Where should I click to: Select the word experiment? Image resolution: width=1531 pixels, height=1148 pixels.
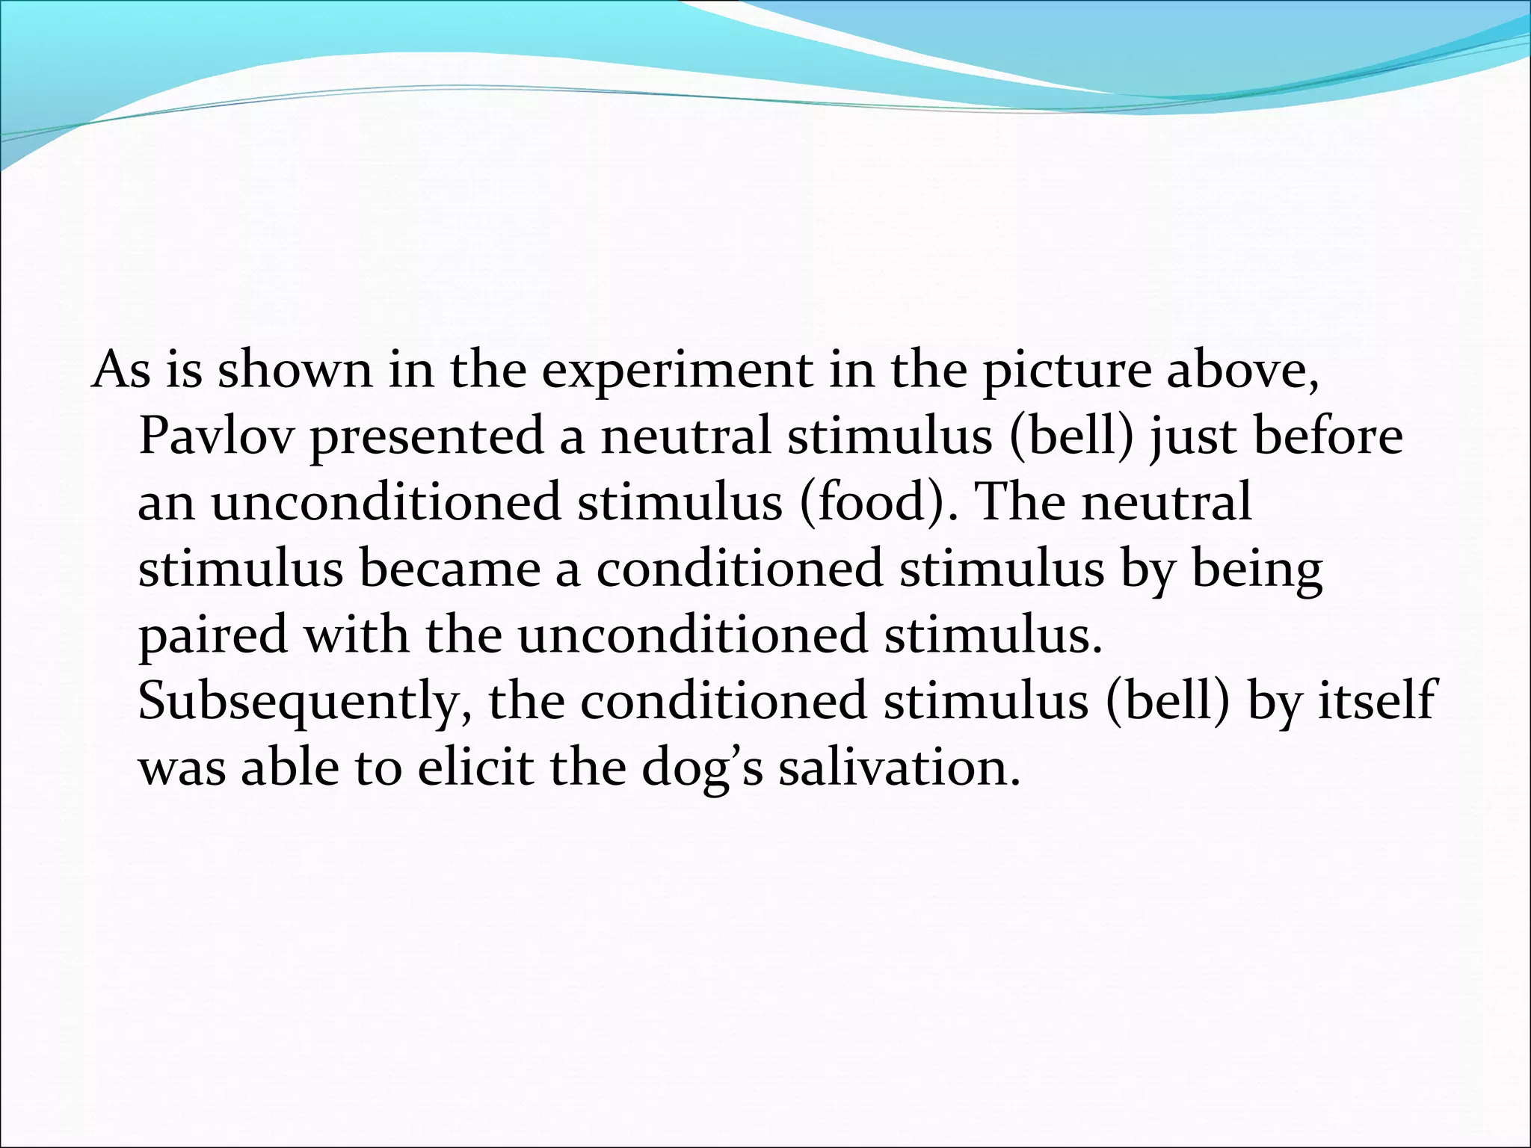pyautogui.click(x=677, y=370)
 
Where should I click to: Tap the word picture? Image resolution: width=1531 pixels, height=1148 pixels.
pyautogui.click(x=1067, y=370)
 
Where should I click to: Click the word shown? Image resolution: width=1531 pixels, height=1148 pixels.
pyautogui.click(x=295, y=370)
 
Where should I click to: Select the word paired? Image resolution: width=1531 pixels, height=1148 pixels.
pyautogui.click(x=213, y=635)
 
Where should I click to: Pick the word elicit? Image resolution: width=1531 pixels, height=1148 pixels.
pyautogui.click(x=475, y=767)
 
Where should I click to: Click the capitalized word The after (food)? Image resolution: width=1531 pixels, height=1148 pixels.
pyautogui.click(x=1021, y=502)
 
